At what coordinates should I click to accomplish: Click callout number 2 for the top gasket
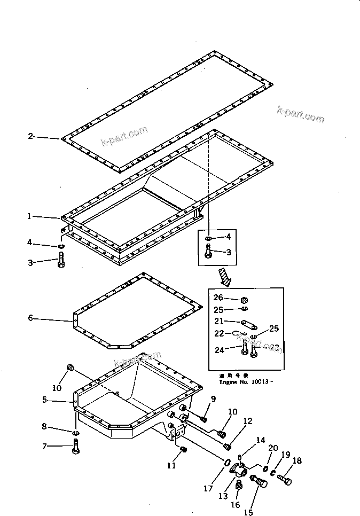[x=30, y=137]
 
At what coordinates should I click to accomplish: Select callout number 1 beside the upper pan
[x=30, y=217]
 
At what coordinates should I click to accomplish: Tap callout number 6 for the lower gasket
[x=30, y=318]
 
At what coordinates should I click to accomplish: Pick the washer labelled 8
[x=75, y=431]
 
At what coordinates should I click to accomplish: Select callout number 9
[x=213, y=399]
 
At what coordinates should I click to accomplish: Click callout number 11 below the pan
[x=171, y=466]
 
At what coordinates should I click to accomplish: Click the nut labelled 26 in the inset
[x=242, y=299]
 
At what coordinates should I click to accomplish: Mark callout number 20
[x=273, y=447]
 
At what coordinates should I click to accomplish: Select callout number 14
[x=260, y=441]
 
